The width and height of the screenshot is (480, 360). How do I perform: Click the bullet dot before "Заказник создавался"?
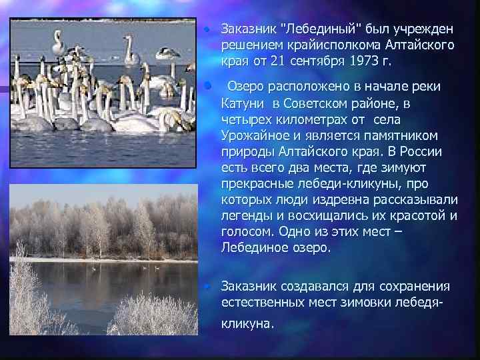tap(208, 286)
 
